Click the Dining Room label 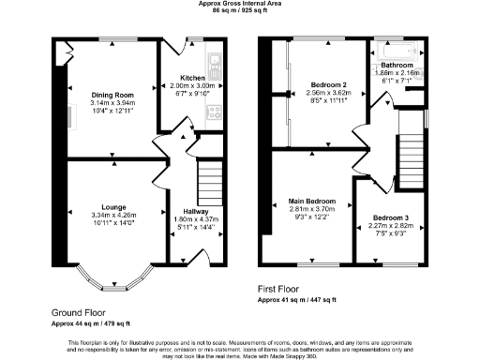[112, 95]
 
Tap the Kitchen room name [193, 78]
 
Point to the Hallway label [196, 212]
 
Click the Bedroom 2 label [329, 85]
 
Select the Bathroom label [397, 64]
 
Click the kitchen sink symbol [214, 65]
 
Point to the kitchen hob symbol [214, 114]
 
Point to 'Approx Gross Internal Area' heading [239, 4]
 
